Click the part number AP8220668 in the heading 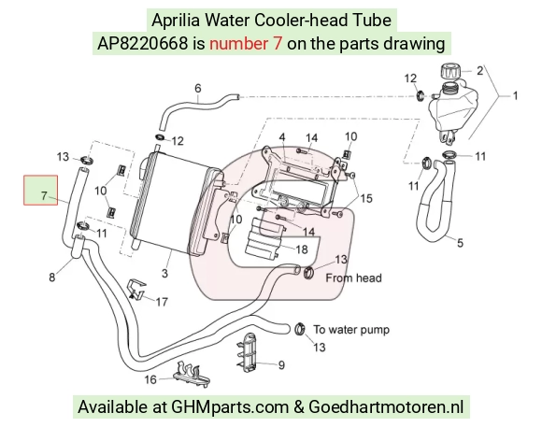(142, 44)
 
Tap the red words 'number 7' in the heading (246, 44)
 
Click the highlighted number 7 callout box (41, 190)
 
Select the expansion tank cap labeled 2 (449, 70)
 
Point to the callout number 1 (515, 96)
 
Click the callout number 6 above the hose (198, 88)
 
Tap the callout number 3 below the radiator (164, 273)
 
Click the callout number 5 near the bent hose (460, 243)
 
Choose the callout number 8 (51, 277)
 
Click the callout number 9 (281, 365)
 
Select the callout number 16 (150, 379)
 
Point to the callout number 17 (162, 302)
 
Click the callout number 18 (302, 249)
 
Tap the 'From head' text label (353, 278)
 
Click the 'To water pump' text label (351, 330)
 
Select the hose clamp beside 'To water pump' (300, 329)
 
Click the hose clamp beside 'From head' (308, 273)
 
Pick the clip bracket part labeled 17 (137, 288)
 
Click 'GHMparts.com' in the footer (230, 406)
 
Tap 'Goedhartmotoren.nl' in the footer (386, 406)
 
